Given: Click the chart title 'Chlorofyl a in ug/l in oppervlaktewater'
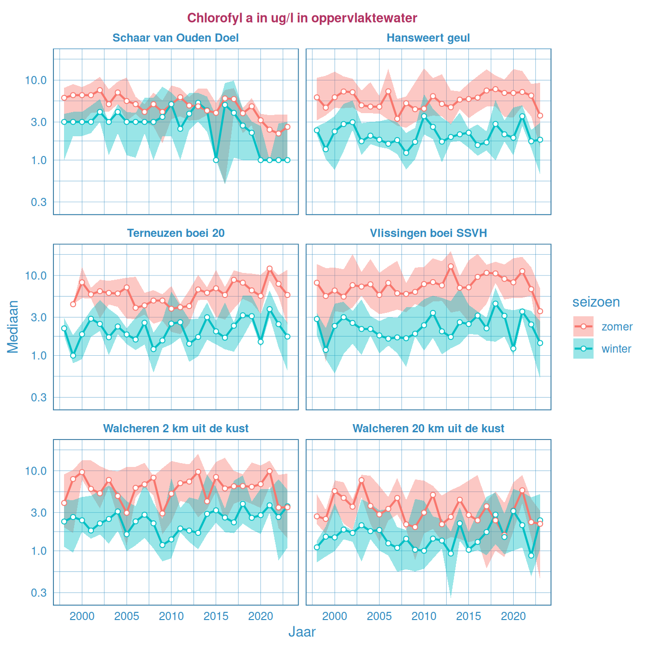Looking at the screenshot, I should click(x=302, y=18).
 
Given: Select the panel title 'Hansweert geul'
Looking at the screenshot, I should click(x=428, y=38).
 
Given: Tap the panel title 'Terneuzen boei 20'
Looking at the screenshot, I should click(x=176, y=233).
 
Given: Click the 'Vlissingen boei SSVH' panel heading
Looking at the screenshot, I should click(x=428, y=233).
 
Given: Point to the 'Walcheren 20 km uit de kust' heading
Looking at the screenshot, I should click(x=428, y=428).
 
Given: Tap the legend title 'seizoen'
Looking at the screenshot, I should click(x=596, y=302).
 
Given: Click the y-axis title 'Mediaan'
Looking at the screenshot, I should click(x=13, y=327).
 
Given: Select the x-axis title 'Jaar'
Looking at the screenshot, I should click(x=302, y=632).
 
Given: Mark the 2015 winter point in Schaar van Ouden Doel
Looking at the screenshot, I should click(x=216, y=160).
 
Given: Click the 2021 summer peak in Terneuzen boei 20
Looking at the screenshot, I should click(x=270, y=268).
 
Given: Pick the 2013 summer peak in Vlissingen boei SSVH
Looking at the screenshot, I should click(x=451, y=266).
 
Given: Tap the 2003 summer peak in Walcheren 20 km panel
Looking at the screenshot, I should click(x=362, y=480).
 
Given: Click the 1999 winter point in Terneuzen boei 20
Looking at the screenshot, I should click(x=73, y=356).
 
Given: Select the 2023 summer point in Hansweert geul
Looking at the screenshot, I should click(x=540, y=116).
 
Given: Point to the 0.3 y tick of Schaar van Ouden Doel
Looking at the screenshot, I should click(x=39, y=202).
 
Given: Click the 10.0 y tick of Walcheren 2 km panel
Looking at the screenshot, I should click(x=36, y=471).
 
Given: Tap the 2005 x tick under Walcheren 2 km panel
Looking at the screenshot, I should click(x=127, y=616).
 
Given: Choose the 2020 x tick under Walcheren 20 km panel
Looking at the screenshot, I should click(x=513, y=616).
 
